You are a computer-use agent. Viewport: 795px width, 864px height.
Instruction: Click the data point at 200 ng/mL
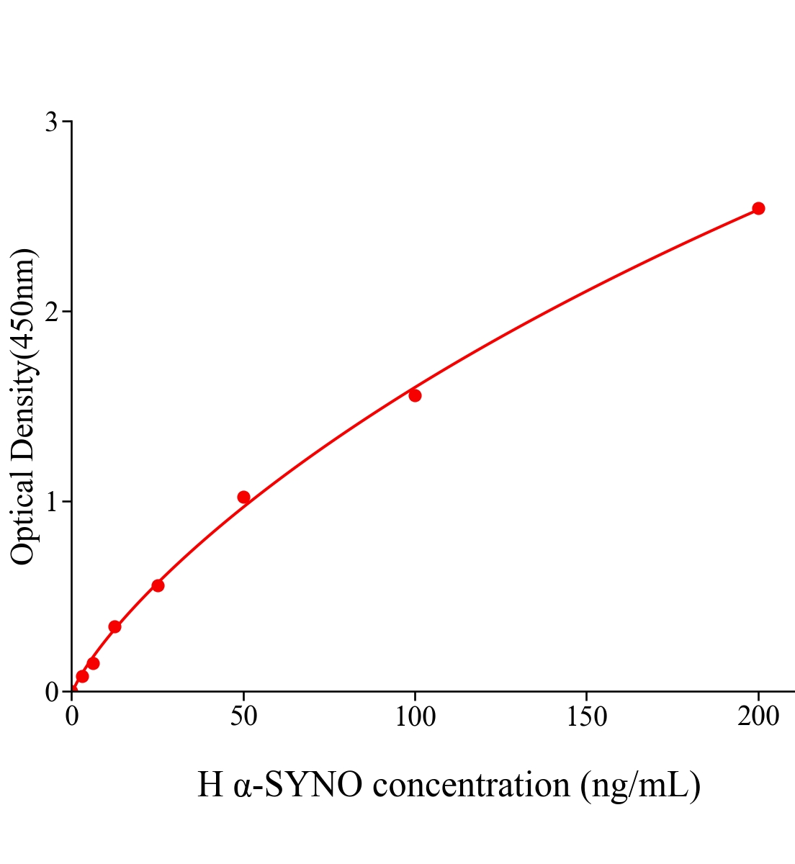[x=758, y=208]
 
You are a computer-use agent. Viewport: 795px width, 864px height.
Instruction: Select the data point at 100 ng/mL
[x=415, y=395]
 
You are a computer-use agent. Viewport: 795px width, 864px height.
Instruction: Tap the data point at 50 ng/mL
[x=243, y=497]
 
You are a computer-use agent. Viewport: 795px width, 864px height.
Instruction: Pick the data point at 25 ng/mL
[x=158, y=585]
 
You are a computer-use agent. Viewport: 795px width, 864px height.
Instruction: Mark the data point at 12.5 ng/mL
[x=114, y=626]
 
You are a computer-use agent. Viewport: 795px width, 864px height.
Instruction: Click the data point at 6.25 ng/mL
[x=93, y=663]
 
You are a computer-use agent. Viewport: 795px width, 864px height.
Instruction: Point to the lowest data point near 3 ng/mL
[x=82, y=676]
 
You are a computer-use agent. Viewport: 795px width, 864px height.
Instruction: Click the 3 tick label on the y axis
[x=51, y=122]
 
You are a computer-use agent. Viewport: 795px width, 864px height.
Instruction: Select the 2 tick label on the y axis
[x=51, y=312]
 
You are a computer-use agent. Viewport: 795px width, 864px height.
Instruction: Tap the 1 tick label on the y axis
[x=51, y=502]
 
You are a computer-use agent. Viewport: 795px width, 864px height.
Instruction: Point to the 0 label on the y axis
[x=51, y=692]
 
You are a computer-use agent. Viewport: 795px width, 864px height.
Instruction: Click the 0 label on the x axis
[x=72, y=716]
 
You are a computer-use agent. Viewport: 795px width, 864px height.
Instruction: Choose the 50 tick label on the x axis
[x=243, y=716]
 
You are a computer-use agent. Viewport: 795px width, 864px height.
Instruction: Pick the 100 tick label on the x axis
[x=415, y=716]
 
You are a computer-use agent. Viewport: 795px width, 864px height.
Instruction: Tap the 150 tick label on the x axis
[x=586, y=716]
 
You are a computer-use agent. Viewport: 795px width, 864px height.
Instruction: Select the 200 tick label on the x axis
[x=758, y=716]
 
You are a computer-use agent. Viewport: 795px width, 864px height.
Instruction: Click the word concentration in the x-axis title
[x=472, y=784]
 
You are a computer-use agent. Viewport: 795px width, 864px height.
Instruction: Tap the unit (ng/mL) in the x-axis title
[x=640, y=785]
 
